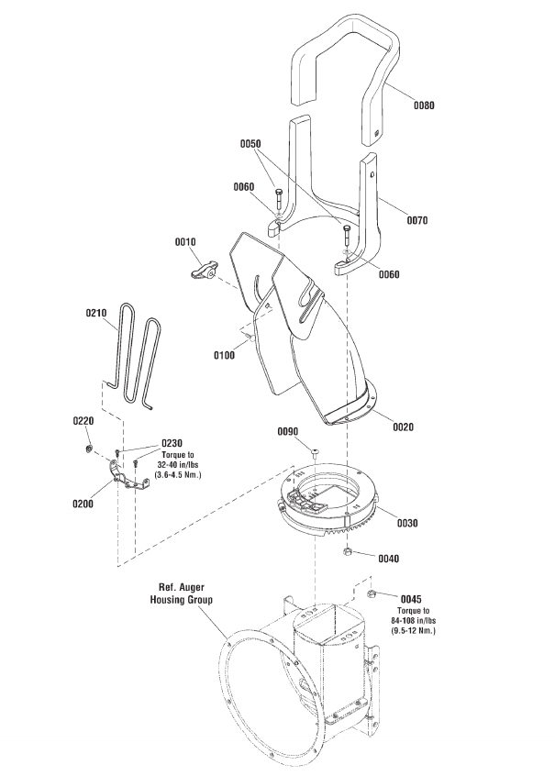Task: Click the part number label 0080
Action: (423, 105)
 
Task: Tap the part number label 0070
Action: (417, 220)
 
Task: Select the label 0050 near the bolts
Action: (250, 144)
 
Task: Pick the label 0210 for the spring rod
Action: (96, 313)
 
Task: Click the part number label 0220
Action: (83, 420)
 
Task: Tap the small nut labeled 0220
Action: (85, 449)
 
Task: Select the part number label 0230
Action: (172, 441)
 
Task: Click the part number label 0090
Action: (290, 430)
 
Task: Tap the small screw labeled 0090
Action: (314, 452)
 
